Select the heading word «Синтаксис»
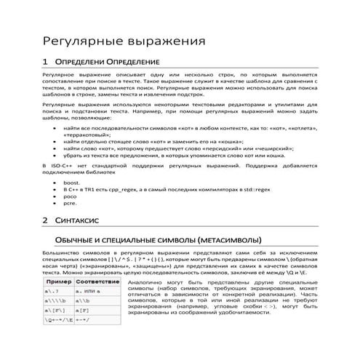tap(81, 219)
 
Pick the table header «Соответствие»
tap(97, 281)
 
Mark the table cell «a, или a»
tap(92, 290)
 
